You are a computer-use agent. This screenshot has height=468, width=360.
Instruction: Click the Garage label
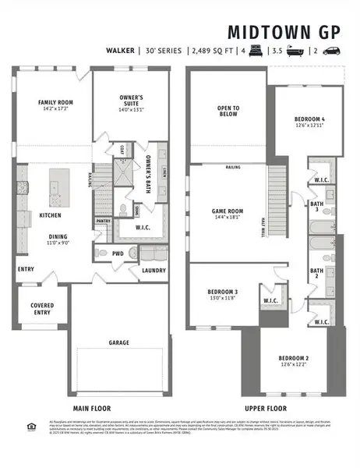(118, 342)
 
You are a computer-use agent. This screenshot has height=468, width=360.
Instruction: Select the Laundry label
(152, 271)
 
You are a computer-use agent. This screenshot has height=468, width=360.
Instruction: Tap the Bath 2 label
(317, 273)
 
